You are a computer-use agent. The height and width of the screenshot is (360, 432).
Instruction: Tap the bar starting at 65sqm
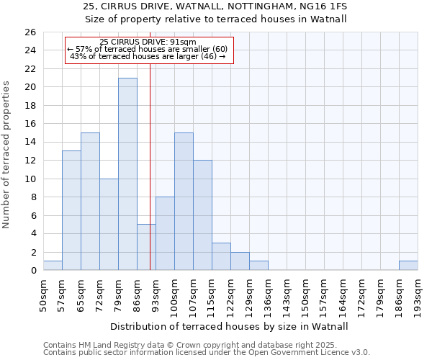[90, 202]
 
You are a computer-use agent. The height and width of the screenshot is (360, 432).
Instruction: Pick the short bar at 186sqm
[408, 266]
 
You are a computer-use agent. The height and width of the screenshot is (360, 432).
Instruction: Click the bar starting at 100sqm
[184, 202]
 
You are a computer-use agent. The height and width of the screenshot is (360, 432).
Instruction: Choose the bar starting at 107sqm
[202, 215]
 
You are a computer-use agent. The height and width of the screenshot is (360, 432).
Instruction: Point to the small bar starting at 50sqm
[53, 266]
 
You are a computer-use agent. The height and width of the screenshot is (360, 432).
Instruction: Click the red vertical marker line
[150, 166]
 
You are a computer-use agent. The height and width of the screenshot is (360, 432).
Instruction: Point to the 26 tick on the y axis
[30, 32]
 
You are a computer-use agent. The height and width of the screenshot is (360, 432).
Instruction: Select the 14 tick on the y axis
[30, 143]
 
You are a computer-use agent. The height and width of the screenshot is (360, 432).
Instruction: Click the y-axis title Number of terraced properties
[7, 155]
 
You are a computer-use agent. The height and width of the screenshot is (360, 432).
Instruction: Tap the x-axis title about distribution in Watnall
[230, 326]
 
